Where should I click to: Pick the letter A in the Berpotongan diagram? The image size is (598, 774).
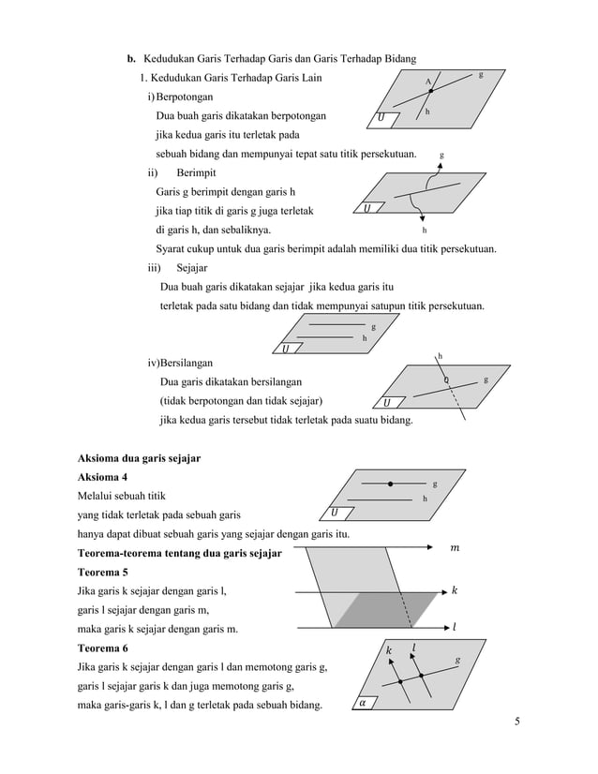click(427, 82)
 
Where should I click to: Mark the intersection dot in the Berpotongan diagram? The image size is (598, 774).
click(430, 91)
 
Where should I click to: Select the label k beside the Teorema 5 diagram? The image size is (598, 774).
click(455, 590)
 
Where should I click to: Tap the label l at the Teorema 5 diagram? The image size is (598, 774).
click(455, 628)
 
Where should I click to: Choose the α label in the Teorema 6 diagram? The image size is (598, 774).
click(363, 702)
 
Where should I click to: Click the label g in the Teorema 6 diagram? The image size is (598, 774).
click(457, 660)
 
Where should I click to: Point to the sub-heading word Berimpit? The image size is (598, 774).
click(197, 173)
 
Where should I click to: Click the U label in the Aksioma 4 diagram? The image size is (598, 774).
click(336, 512)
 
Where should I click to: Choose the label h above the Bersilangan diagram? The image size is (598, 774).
click(440, 355)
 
